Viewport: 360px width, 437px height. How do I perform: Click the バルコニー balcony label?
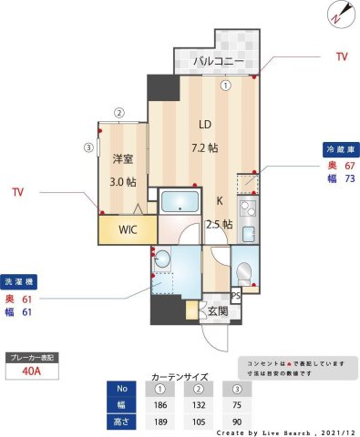click(217, 62)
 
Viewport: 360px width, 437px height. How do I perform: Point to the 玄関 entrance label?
click(218, 311)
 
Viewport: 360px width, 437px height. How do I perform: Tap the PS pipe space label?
click(235, 296)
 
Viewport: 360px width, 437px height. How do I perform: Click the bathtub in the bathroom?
click(180, 202)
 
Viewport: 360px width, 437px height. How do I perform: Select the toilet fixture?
click(243, 273)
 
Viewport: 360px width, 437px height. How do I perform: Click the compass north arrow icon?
click(338, 14)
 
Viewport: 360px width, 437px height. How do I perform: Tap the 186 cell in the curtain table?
click(161, 403)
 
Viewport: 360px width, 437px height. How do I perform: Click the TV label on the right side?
click(342, 56)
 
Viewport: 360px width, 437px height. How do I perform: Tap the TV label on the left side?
click(18, 192)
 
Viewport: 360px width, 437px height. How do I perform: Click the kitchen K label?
click(219, 202)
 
